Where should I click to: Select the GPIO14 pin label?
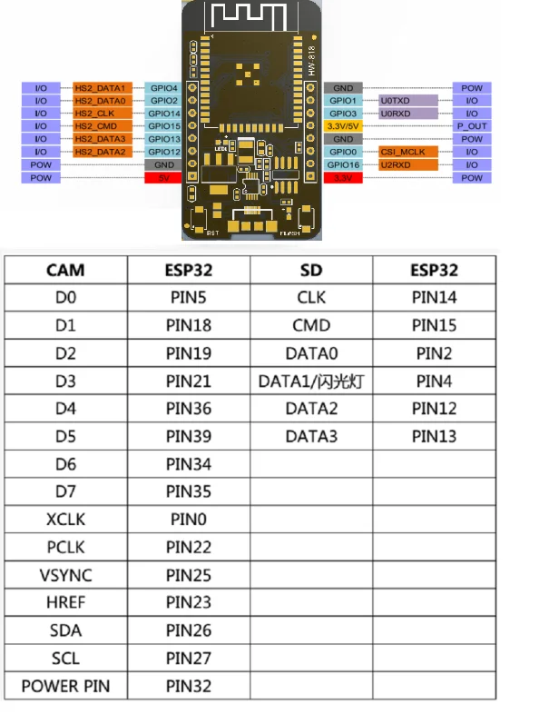(x=163, y=113)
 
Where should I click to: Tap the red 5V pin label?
(x=163, y=178)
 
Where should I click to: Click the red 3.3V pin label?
(x=343, y=178)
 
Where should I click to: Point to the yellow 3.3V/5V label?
(x=343, y=126)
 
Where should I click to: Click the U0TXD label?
(x=396, y=100)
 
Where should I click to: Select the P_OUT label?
(x=472, y=126)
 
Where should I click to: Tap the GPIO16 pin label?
(x=344, y=165)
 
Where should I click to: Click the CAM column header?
(x=65, y=270)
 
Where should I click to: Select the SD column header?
(x=311, y=270)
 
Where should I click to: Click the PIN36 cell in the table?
(x=190, y=409)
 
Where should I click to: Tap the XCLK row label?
(x=65, y=520)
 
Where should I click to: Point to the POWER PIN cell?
(x=65, y=686)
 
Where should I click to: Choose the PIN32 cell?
(x=190, y=686)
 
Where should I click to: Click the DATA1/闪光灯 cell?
(x=311, y=381)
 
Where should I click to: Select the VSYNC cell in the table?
(x=65, y=575)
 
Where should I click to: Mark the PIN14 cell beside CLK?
(x=434, y=297)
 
